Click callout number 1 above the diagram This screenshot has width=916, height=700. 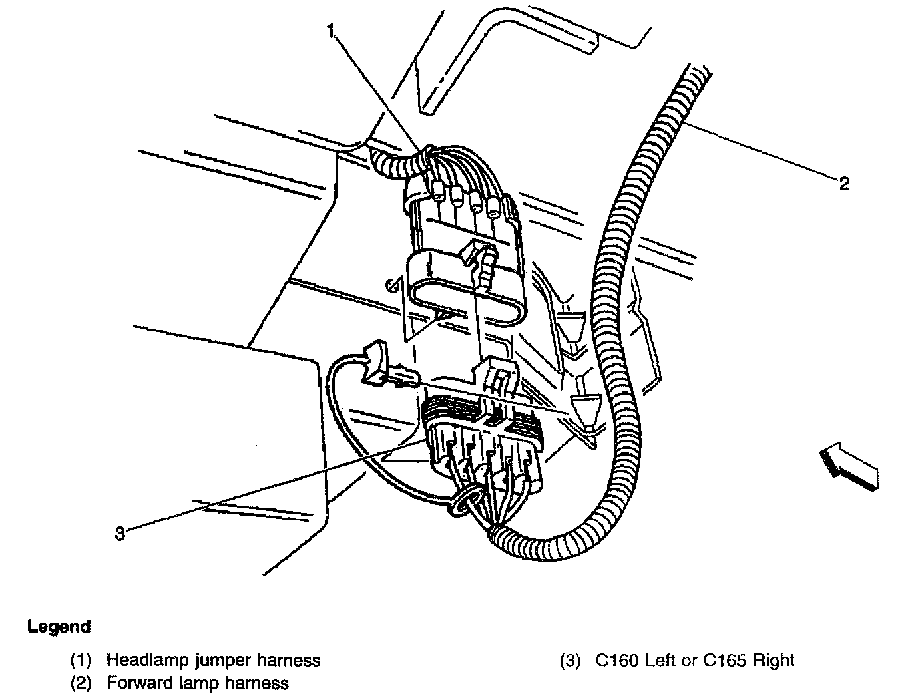click(x=331, y=30)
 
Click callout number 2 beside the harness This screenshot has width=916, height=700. click(x=843, y=184)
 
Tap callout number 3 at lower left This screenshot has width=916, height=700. click(x=120, y=533)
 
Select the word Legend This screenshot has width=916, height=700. click(x=59, y=627)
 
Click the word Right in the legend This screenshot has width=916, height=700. click(x=775, y=661)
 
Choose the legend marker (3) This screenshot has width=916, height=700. click(x=570, y=661)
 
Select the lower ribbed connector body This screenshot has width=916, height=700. click(x=484, y=439)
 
